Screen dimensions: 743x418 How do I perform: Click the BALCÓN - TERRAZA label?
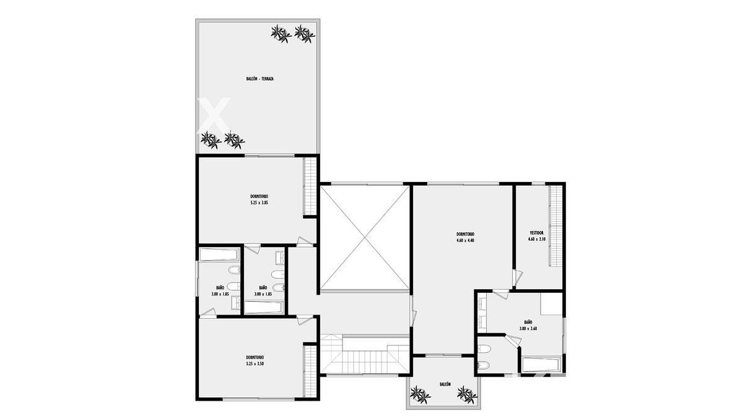[259, 79]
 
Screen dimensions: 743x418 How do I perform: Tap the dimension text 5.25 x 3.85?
[259, 202]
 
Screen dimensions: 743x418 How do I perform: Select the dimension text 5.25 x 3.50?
[254, 364]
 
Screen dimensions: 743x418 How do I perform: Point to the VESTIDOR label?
[536, 233]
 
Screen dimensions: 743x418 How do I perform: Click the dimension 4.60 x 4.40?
[466, 240]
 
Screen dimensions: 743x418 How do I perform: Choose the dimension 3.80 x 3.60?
[528, 329]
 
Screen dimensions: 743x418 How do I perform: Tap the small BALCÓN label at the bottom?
[445, 384]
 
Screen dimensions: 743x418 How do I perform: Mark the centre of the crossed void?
[365, 237]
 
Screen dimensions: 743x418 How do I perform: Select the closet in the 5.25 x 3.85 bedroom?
[310, 186]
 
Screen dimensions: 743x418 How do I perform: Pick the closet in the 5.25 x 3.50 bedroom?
[310, 371]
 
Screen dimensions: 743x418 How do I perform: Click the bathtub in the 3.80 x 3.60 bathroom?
[542, 365]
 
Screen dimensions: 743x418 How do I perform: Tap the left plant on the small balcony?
[420, 395]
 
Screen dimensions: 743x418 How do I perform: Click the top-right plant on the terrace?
[305, 34]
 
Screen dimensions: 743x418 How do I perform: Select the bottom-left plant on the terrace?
[211, 140]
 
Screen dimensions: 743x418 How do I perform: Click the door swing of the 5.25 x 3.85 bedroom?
[304, 242]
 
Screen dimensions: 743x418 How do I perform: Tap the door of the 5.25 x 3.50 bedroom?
[304, 320]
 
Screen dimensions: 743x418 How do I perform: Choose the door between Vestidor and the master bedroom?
[518, 278]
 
